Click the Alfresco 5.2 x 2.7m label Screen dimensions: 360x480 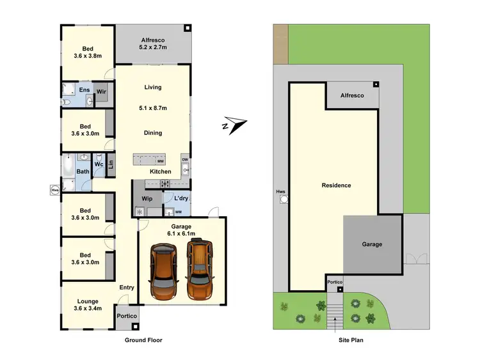tap(153, 43)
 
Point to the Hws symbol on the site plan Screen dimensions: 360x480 tap(284, 199)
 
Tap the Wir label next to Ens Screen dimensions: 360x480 tap(101, 92)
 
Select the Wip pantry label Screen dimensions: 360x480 tap(147, 199)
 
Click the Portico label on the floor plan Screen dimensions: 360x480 tap(126, 316)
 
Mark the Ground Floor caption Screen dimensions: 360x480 tap(143, 340)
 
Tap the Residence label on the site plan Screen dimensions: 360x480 tap(336, 185)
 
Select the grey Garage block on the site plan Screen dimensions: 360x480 tap(372, 244)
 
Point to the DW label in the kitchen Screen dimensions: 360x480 tap(185, 160)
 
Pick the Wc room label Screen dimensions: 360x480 tap(99, 164)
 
